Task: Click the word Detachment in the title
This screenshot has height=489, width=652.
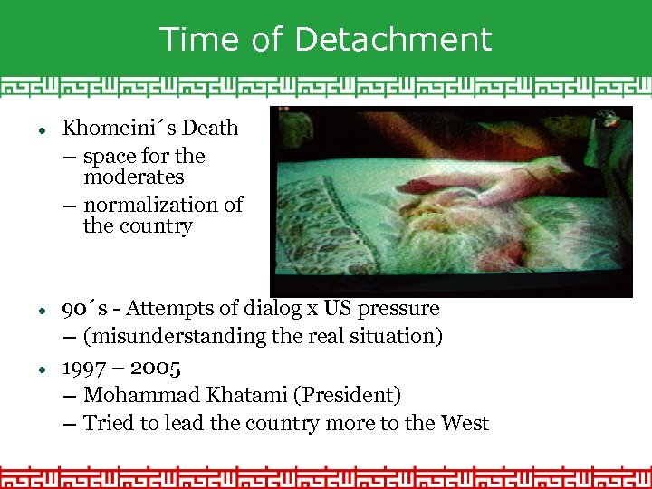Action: pyautogui.click(x=393, y=40)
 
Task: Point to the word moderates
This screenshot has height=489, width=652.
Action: pyautogui.click(x=133, y=177)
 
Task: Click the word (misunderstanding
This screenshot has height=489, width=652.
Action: pyautogui.click(x=172, y=337)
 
